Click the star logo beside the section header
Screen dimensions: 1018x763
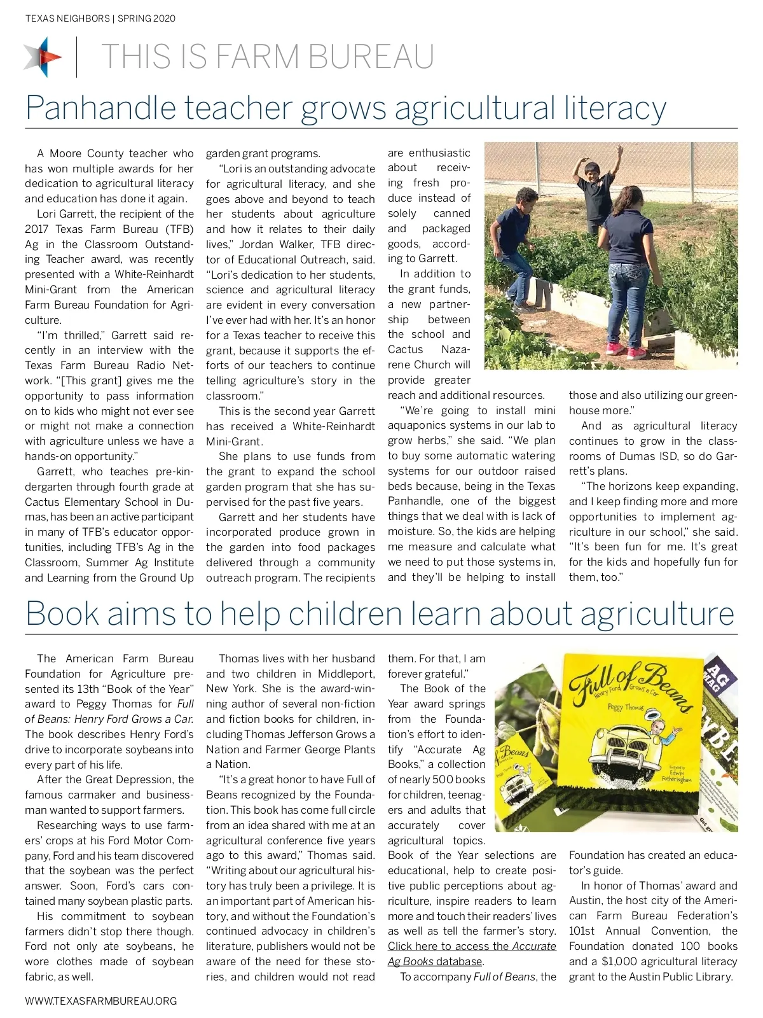(x=43, y=57)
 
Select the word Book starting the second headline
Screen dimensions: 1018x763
(x=62, y=613)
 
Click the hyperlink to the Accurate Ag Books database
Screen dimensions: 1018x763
(x=472, y=953)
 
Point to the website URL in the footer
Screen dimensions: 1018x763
(x=100, y=1001)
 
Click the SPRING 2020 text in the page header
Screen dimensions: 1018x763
(x=146, y=18)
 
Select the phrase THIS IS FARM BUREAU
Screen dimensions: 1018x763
(x=267, y=57)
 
